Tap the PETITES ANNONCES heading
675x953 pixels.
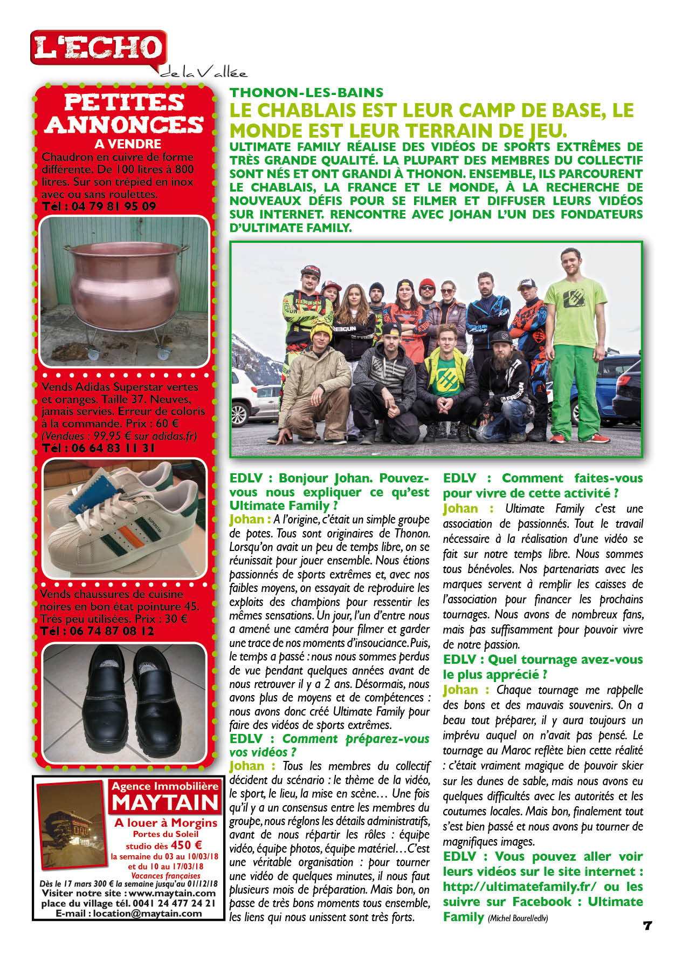pyautogui.click(x=125, y=113)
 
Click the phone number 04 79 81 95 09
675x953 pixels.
pyautogui.click(x=99, y=206)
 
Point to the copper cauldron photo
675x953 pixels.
pyautogui.click(x=125, y=291)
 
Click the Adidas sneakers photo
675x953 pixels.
pyautogui.click(x=125, y=518)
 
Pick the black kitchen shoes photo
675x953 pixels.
pyautogui.click(x=125, y=702)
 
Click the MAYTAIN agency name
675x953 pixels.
pyautogui.click(x=165, y=803)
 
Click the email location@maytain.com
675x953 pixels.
pyautogui.click(x=129, y=914)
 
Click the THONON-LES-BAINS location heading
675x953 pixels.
pyautogui.click(x=306, y=93)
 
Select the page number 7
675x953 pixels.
pyautogui.click(x=648, y=925)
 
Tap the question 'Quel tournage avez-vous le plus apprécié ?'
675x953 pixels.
pyautogui.click(x=542, y=667)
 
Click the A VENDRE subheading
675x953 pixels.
pyautogui.click(x=128, y=144)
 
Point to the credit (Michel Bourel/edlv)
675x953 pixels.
pyautogui.click(x=518, y=918)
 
